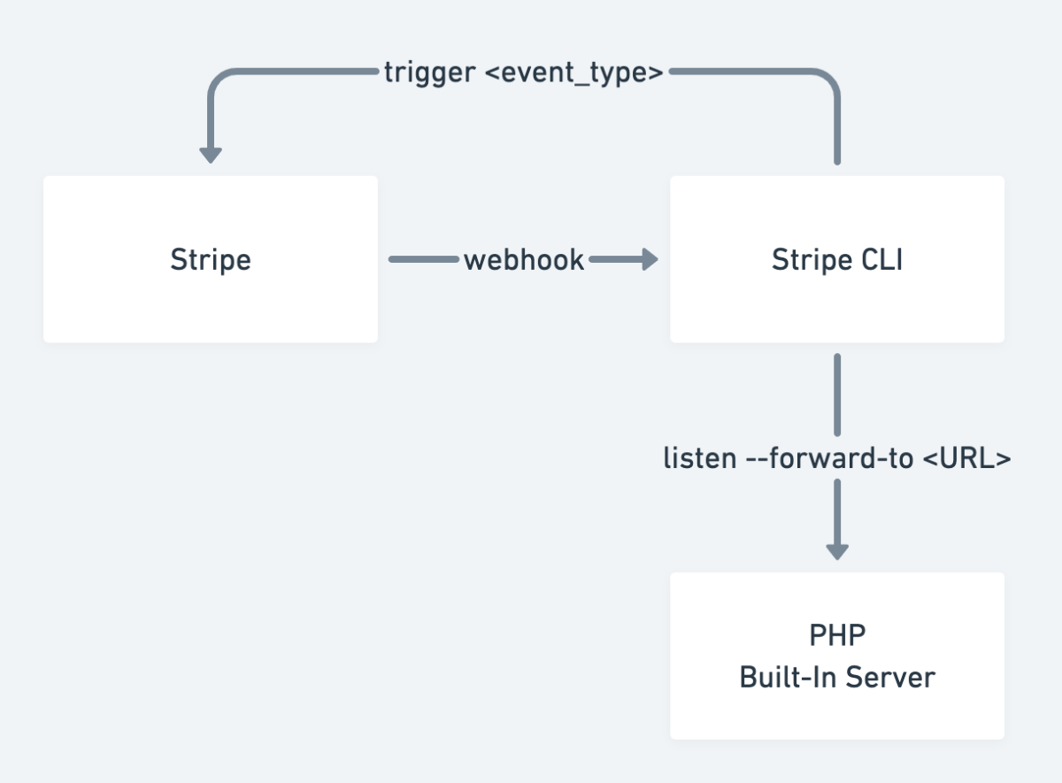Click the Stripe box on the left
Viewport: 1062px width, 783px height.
click(211, 259)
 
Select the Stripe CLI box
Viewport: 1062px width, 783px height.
click(837, 259)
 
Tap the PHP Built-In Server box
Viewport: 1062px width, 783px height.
click(837, 656)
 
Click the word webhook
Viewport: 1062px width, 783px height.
click(524, 260)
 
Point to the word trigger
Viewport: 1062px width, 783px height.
click(429, 73)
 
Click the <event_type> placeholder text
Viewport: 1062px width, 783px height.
click(574, 73)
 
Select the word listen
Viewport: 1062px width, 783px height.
click(700, 458)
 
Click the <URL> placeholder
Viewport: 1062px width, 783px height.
click(967, 458)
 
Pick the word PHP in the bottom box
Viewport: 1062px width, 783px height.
click(837, 635)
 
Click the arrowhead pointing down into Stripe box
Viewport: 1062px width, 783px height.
click(211, 156)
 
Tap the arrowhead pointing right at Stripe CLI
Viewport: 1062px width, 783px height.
click(650, 259)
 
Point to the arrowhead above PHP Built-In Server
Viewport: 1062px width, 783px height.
click(837, 552)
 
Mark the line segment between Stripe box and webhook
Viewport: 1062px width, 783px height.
click(424, 259)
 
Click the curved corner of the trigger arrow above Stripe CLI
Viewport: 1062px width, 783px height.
click(828, 80)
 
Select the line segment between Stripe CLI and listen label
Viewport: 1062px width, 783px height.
click(837, 395)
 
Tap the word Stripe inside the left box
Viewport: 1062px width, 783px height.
click(211, 260)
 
